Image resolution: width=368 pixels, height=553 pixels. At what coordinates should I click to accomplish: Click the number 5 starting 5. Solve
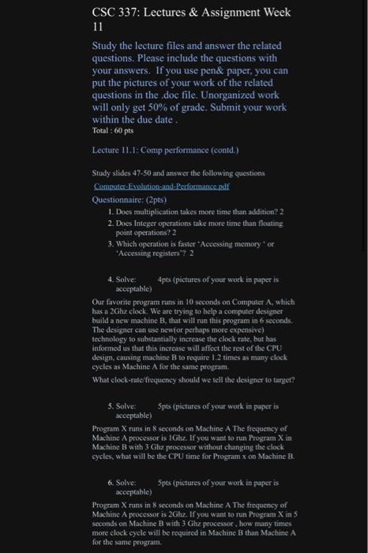[x=111, y=406]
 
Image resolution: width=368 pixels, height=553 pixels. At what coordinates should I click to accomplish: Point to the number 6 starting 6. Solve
[x=111, y=481]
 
